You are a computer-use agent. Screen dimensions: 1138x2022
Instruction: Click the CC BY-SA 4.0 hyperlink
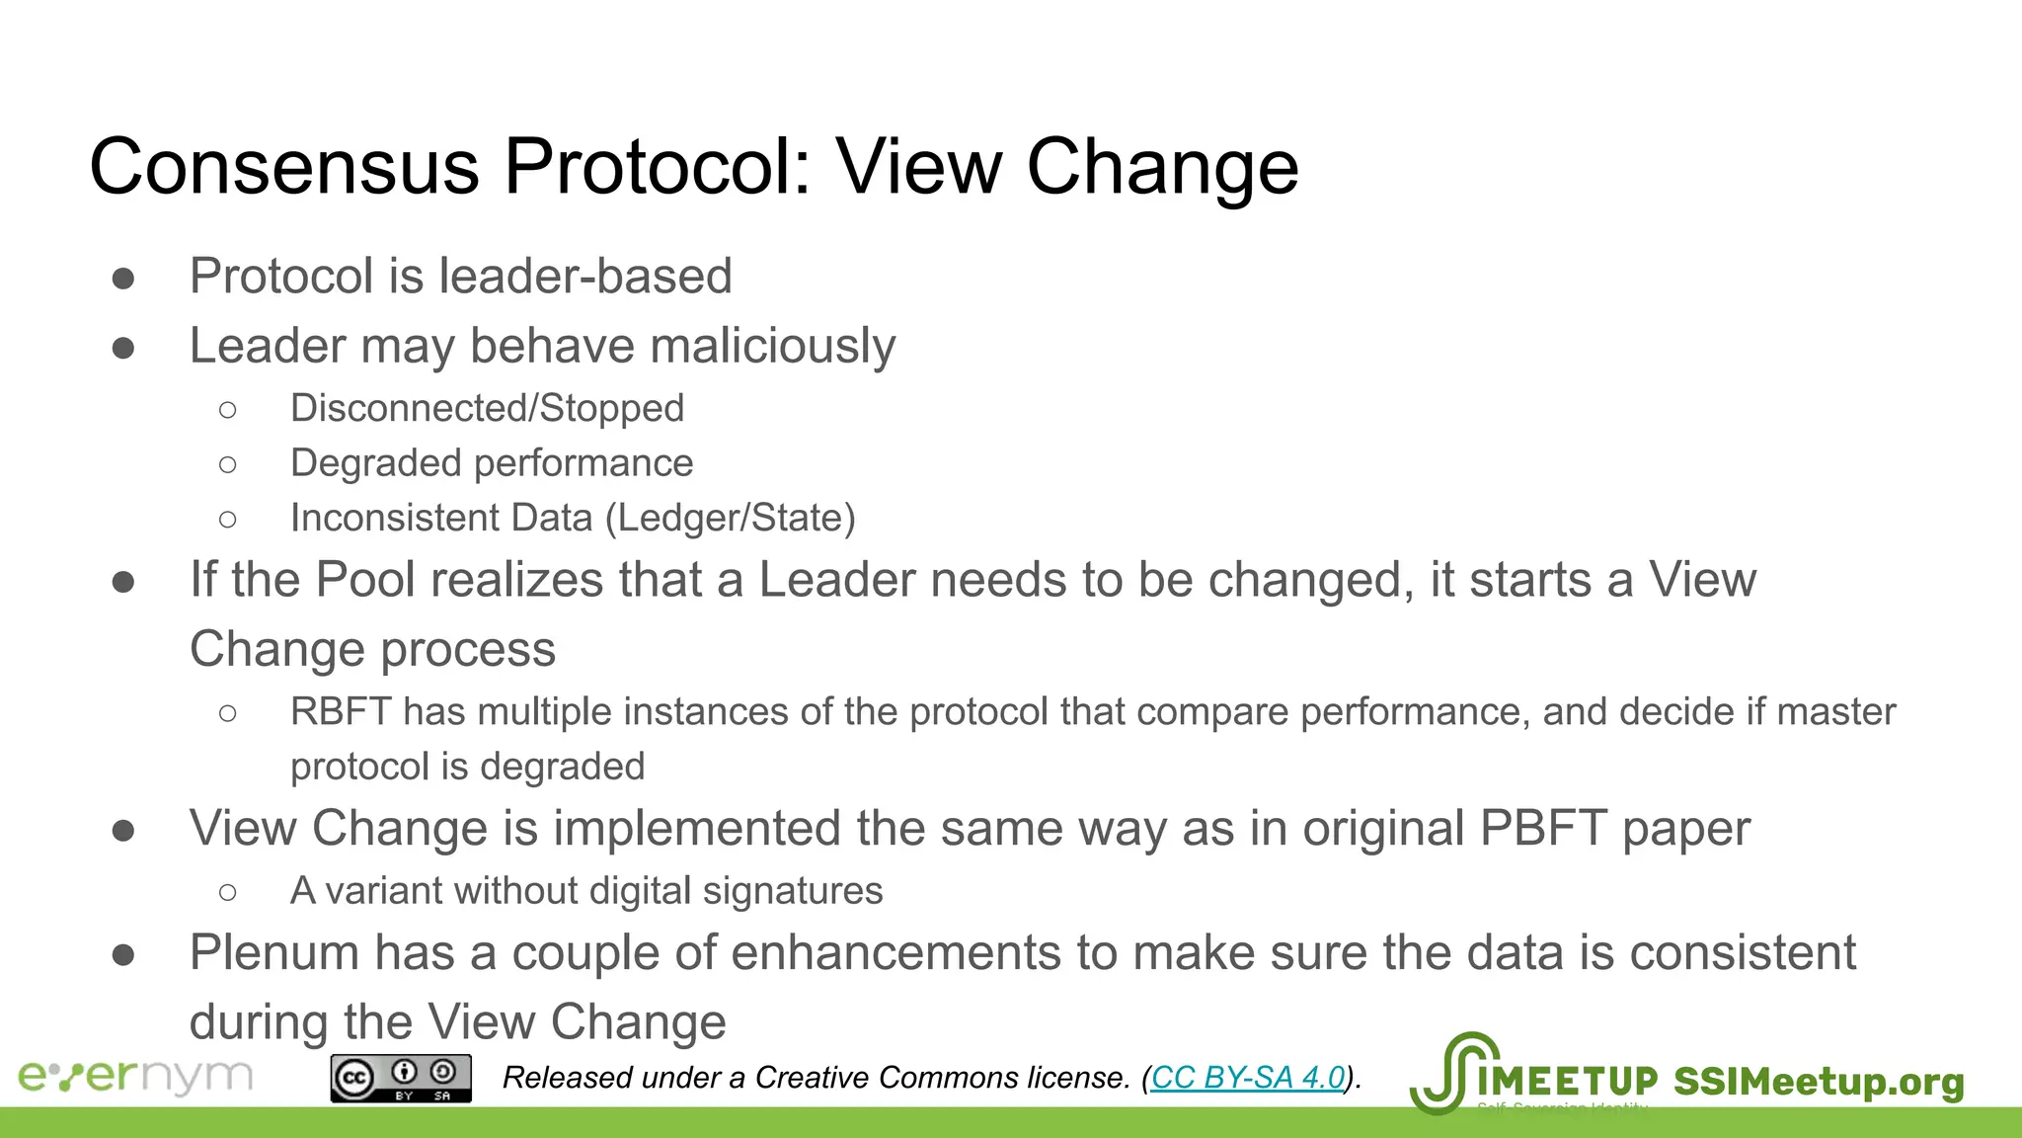[x=1248, y=1077]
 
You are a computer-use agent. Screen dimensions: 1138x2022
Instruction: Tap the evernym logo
[x=135, y=1076]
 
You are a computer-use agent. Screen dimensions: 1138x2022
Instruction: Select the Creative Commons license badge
[x=401, y=1078]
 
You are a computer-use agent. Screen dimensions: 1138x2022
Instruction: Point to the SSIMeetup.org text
[x=1819, y=1081]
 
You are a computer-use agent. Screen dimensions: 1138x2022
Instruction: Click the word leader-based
[x=585, y=276]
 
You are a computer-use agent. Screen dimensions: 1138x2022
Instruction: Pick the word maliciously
[x=772, y=346]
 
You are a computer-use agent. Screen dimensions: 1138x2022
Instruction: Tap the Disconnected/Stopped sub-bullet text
[x=487, y=408]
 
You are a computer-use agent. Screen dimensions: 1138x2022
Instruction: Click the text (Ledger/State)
[x=730, y=518]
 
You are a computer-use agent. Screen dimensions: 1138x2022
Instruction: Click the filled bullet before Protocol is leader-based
[x=123, y=279]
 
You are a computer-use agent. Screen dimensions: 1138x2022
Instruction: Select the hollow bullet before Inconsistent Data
[x=228, y=519]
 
